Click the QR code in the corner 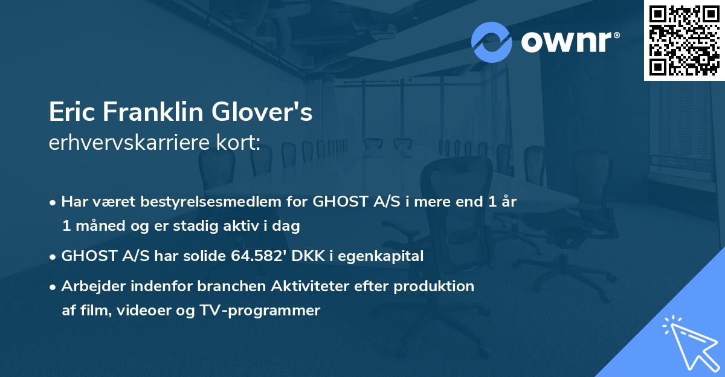point(685,40)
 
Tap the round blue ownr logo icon point(492,42)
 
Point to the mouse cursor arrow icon point(689,343)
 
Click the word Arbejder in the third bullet point(90,286)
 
